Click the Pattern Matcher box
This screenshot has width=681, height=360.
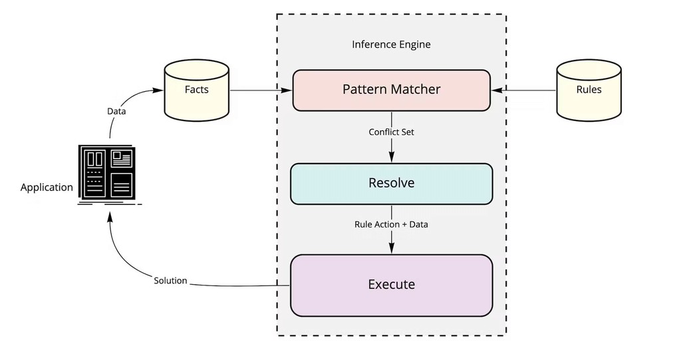(x=391, y=90)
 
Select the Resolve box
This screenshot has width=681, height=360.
(x=391, y=183)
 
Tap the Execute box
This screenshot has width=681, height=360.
(x=391, y=285)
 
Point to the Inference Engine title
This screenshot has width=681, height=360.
(x=391, y=45)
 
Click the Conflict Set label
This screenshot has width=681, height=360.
(x=391, y=132)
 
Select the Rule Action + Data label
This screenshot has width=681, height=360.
(x=391, y=224)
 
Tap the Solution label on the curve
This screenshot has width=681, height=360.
(x=170, y=281)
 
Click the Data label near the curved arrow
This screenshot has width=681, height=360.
(x=116, y=111)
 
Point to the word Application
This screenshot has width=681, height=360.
(x=47, y=188)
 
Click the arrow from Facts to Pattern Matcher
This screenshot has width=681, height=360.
(x=259, y=90)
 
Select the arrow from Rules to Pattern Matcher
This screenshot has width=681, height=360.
(x=525, y=90)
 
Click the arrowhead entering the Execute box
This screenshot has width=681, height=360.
(x=391, y=248)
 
